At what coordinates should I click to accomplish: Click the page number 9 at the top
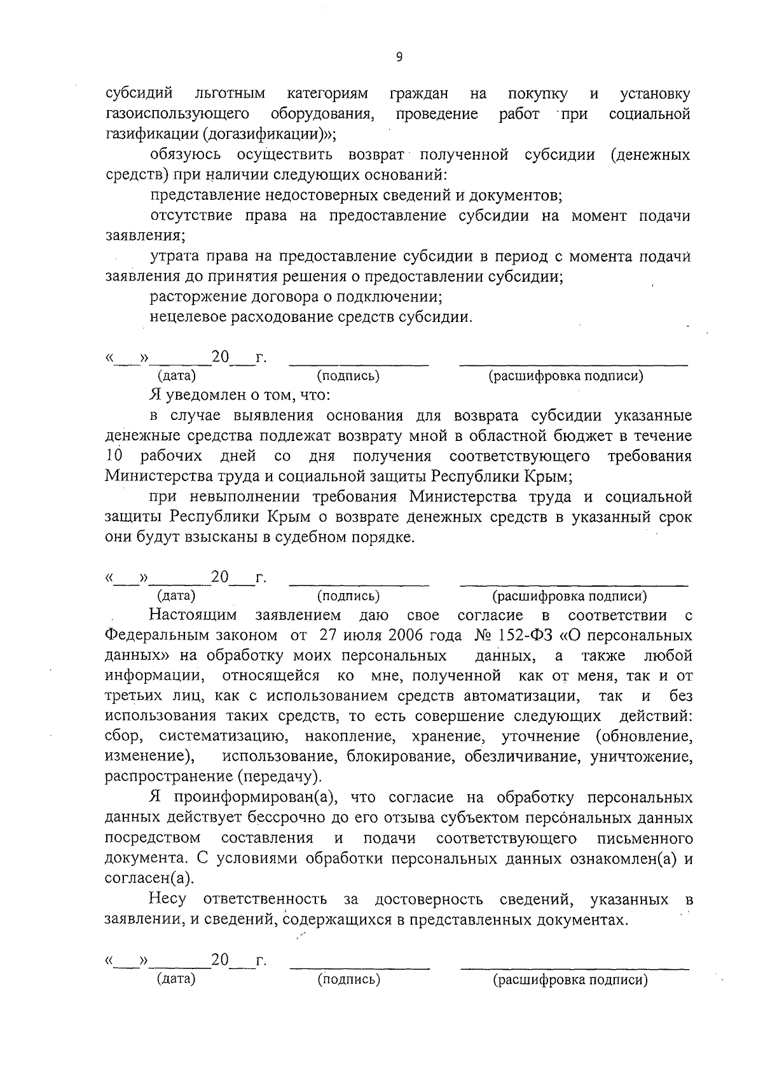[399, 57]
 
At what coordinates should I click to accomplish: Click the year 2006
[394, 635]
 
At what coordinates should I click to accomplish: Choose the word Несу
[168, 900]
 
